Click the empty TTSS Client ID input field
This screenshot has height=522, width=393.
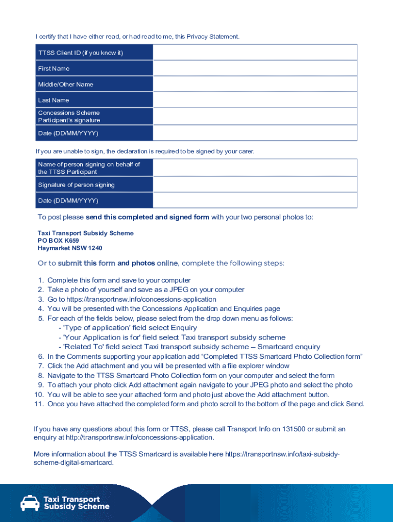pos(255,53)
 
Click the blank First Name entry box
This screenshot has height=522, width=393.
pos(255,68)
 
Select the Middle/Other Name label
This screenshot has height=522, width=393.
pos(65,84)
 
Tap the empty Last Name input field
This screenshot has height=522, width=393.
pos(255,100)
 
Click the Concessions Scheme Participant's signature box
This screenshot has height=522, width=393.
pos(255,116)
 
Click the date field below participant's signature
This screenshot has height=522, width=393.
pos(255,133)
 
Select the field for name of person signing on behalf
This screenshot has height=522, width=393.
pos(255,168)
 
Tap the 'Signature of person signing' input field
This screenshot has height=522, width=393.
pos(255,185)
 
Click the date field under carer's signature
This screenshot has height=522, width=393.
pos(255,200)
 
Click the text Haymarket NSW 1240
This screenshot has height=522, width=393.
pos(70,248)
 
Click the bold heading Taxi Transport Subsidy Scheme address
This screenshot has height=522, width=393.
pos(86,233)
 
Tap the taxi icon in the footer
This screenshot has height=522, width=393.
pos(30,503)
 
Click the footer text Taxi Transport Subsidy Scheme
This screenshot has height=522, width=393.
pos(77,503)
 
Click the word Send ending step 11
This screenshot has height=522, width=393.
pos(354,404)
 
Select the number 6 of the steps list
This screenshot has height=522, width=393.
pos(41,356)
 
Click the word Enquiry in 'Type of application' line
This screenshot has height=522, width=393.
pos(184,328)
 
